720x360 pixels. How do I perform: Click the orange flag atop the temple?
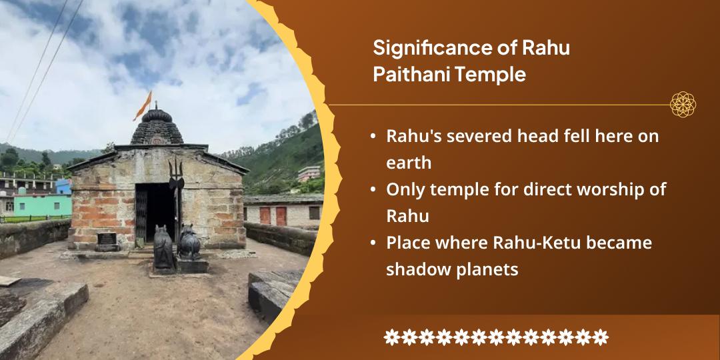pyautogui.click(x=143, y=105)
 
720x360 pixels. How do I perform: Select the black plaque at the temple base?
pyautogui.click(x=107, y=238)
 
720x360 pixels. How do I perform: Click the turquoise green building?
pyautogui.click(x=42, y=205)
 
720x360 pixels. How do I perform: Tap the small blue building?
pyautogui.click(x=63, y=187)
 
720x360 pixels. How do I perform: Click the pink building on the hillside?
pyautogui.click(x=309, y=173)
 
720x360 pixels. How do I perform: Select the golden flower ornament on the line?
pyautogui.click(x=683, y=104)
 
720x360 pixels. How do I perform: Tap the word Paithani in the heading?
pyautogui.click(x=408, y=75)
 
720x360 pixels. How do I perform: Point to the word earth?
pyautogui.click(x=409, y=163)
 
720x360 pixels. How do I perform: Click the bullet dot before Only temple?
pyautogui.click(x=373, y=190)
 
